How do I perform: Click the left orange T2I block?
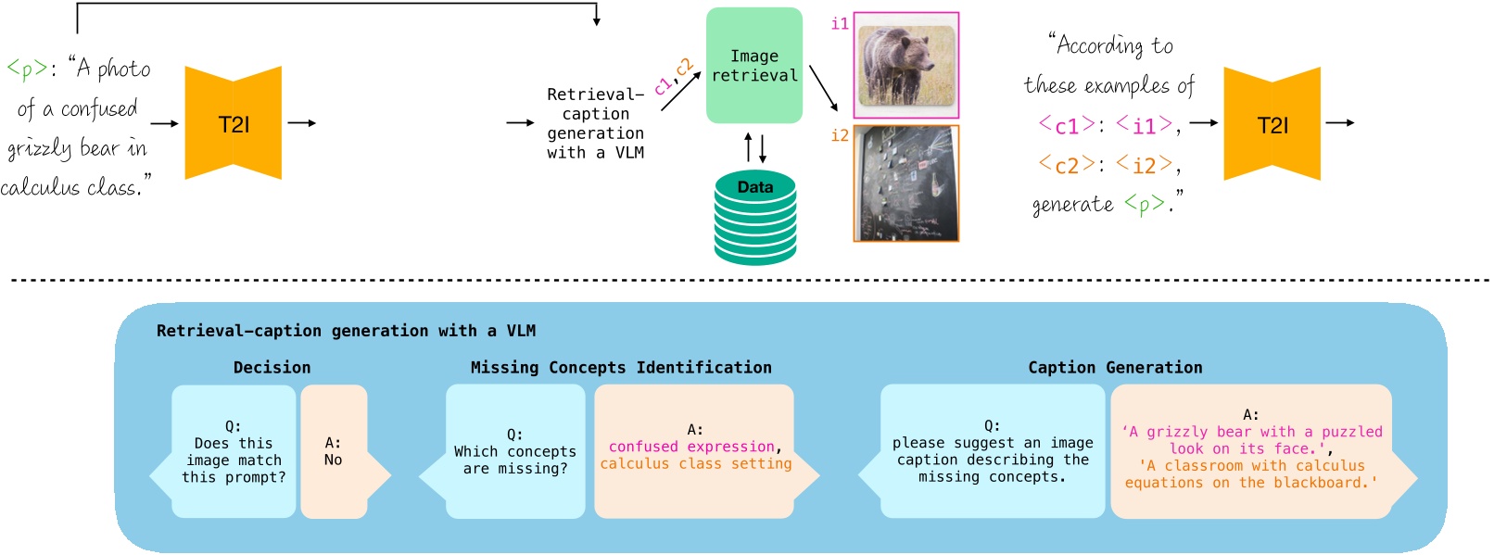pyautogui.click(x=233, y=123)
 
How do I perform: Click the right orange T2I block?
pyautogui.click(x=1272, y=124)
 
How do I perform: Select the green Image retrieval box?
pyautogui.click(x=753, y=66)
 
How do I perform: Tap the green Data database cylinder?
pyautogui.click(x=754, y=219)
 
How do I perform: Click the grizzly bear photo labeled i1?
pyautogui.click(x=905, y=65)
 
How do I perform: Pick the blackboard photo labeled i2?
pyautogui.click(x=905, y=183)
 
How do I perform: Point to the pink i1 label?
pyautogui.click(x=840, y=24)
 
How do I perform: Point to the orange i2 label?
pyautogui.click(x=840, y=136)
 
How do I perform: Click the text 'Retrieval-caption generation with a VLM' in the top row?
pyautogui.click(x=595, y=123)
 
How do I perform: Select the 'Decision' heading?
pyautogui.click(x=272, y=368)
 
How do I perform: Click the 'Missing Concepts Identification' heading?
pyautogui.click(x=620, y=368)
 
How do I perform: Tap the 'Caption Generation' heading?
pyautogui.click(x=1114, y=368)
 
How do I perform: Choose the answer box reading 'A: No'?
pyautogui.click(x=334, y=451)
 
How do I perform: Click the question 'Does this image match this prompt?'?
pyautogui.click(x=234, y=452)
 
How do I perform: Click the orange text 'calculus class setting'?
pyautogui.click(x=695, y=463)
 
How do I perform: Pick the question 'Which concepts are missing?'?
pyautogui.click(x=514, y=452)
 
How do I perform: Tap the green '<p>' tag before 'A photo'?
pyautogui.click(x=26, y=69)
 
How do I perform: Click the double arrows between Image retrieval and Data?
pyautogui.click(x=755, y=148)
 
